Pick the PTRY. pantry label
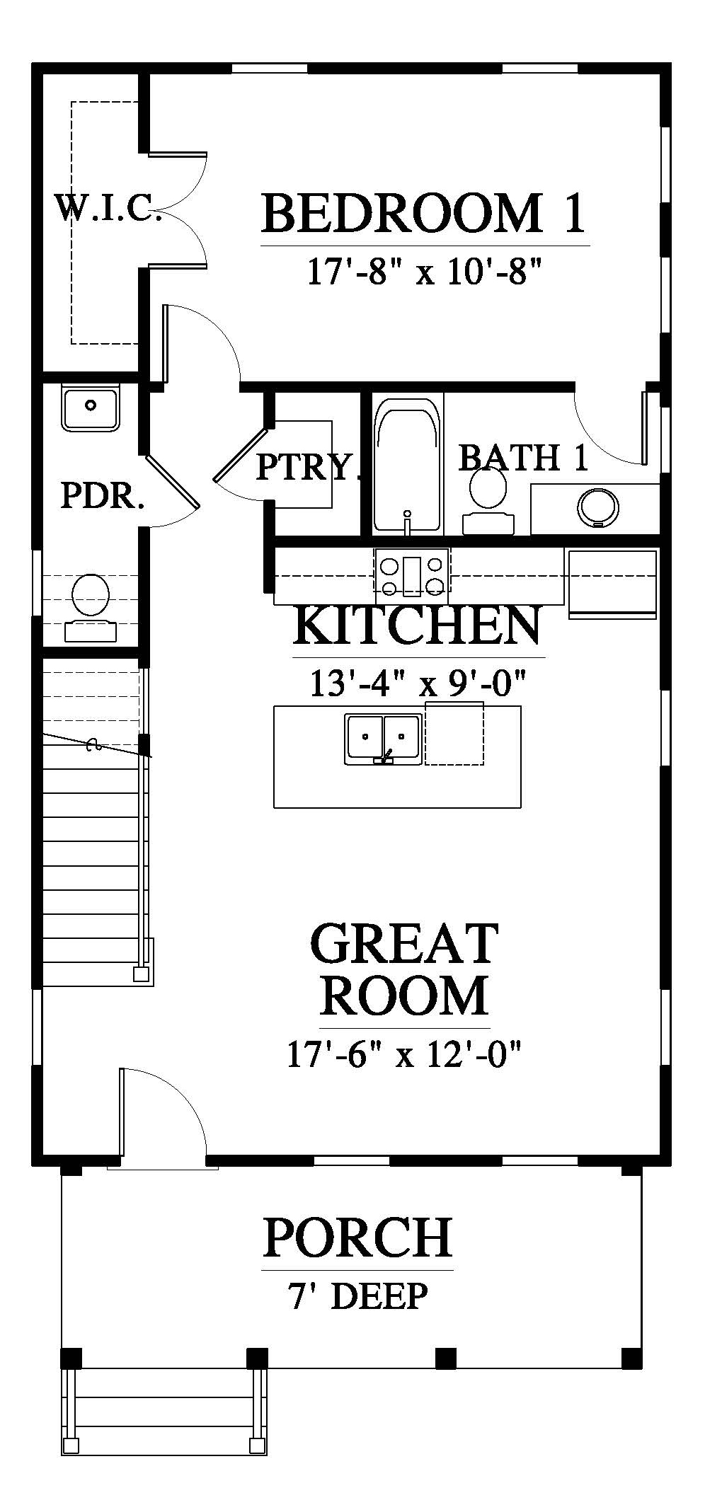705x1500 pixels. [304, 466]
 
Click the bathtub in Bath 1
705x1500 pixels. [407, 465]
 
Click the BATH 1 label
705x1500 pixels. [523, 458]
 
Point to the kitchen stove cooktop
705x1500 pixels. [412, 572]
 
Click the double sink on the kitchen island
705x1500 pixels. [383, 739]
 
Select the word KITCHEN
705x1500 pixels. [418, 625]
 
